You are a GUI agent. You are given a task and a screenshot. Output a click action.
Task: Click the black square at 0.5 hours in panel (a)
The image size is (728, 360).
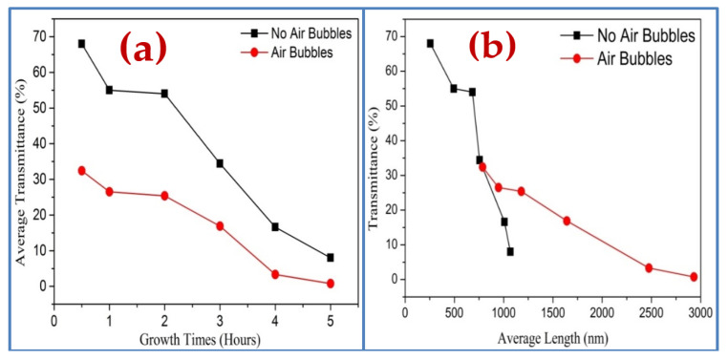point(82,44)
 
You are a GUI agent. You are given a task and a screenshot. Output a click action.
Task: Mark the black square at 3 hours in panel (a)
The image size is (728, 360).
point(220,163)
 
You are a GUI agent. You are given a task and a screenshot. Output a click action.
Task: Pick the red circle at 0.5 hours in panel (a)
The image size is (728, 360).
point(82,171)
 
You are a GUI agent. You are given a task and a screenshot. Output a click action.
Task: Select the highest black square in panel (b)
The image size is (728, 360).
point(430,44)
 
